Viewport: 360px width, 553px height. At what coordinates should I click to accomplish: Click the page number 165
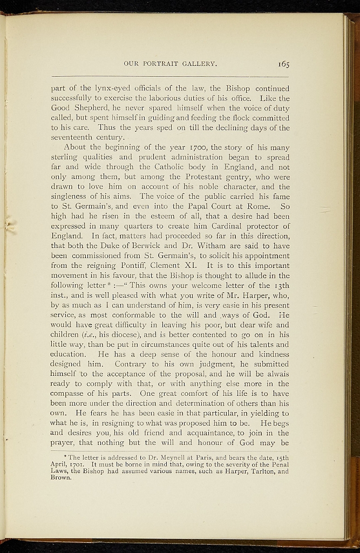tap(284, 64)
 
